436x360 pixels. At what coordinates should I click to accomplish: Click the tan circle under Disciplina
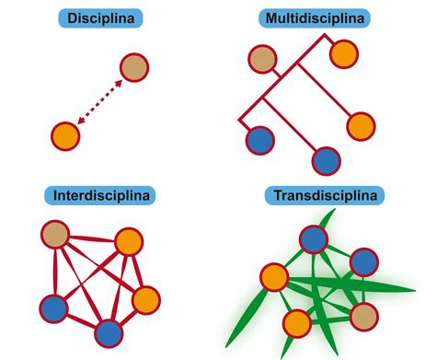click(x=134, y=67)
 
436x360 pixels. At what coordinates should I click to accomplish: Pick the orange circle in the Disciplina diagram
click(x=64, y=136)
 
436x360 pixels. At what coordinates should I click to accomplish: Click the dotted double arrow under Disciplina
click(x=99, y=101)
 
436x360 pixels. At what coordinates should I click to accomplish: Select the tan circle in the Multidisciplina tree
click(x=262, y=60)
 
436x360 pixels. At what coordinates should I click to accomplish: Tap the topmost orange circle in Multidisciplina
click(x=344, y=53)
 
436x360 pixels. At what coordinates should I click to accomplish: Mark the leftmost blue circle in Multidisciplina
click(x=260, y=141)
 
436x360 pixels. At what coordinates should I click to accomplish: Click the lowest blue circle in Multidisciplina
click(x=326, y=161)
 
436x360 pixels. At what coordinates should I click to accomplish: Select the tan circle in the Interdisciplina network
click(x=56, y=233)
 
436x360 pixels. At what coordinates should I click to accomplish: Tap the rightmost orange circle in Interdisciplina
click(x=145, y=300)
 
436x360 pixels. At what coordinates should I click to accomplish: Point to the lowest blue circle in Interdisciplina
click(x=109, y=331)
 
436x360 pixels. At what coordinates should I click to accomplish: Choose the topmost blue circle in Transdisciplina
click(x=313, y=241)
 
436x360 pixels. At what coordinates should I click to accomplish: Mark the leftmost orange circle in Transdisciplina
click(x=273, y=276)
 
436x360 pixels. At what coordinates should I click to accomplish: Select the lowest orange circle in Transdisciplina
click(x=296, y=323)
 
